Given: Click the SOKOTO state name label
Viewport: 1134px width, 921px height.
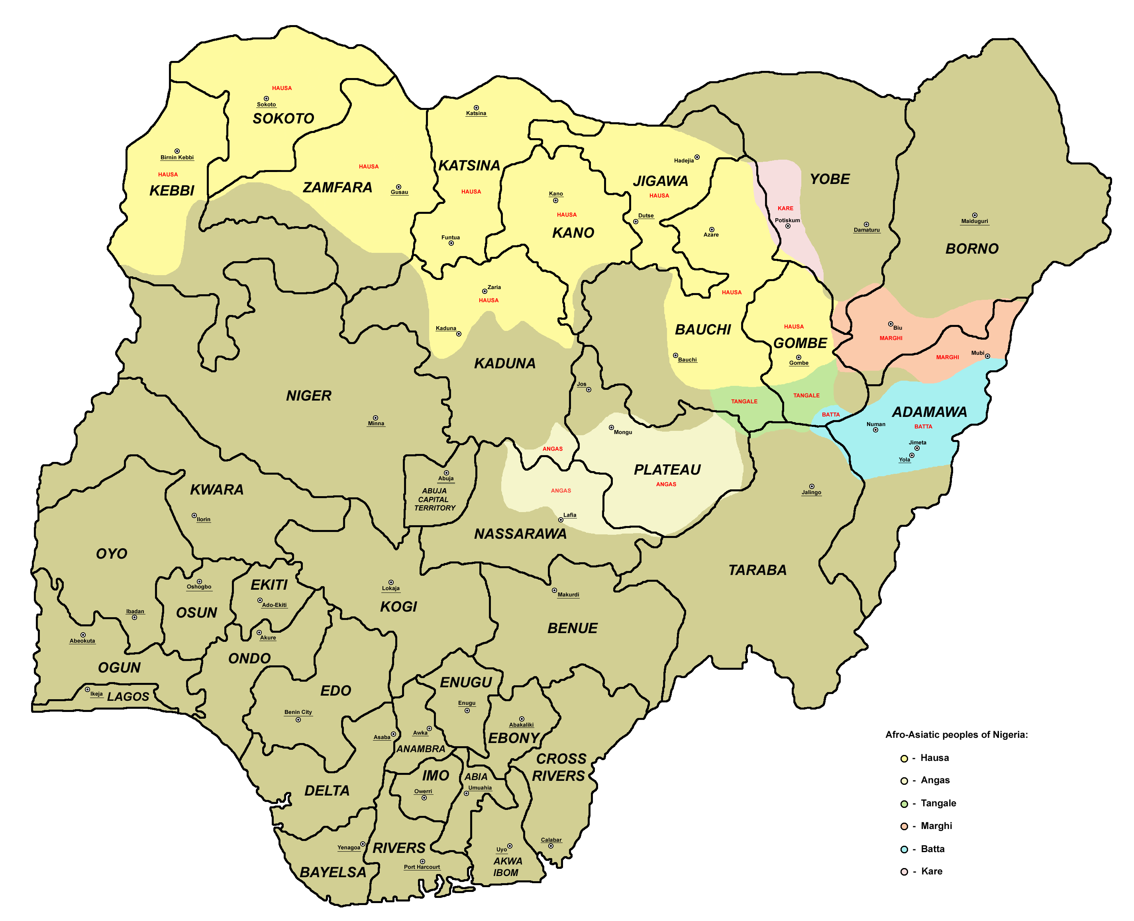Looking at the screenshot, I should (283, 118).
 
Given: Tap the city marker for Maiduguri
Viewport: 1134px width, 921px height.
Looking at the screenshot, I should (974, 215).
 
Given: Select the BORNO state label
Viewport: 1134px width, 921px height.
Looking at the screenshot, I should (971, 248).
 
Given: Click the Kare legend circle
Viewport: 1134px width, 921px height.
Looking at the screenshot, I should (904, 872).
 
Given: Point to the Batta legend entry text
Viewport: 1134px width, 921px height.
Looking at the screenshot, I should (932, 849).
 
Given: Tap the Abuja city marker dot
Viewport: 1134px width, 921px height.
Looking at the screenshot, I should (446, 473).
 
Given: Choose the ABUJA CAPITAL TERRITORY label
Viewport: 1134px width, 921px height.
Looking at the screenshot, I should (434, 499).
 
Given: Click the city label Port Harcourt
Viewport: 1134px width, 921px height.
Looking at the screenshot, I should (422, 867).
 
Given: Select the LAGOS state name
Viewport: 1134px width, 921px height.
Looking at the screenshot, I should (128, 696).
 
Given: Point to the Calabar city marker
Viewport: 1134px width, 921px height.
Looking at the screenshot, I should (551, 846).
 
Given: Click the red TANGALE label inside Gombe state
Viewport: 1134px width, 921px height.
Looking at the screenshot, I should (806, 395).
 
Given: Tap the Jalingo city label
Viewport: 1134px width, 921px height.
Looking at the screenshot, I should (811, 492).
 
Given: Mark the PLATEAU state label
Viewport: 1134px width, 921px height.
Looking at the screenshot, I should (667, 469).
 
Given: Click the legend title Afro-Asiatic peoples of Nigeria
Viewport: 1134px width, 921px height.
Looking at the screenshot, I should (956, 735).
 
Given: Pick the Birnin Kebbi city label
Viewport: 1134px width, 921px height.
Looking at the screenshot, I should (177, 158).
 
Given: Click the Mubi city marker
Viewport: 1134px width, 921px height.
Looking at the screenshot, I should (987, 356).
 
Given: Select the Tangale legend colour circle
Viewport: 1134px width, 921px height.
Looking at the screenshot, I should (904, 804).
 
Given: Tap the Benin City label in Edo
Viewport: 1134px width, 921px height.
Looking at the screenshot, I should (298, 712).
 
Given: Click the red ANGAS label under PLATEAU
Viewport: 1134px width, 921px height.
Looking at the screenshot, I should (666, 484).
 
